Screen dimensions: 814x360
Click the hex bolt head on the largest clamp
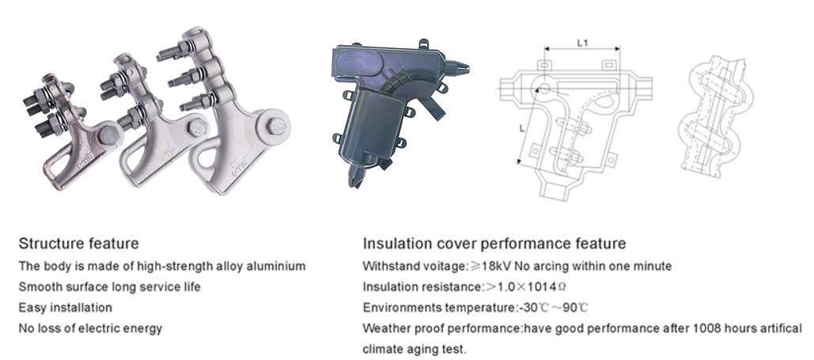[276, 127]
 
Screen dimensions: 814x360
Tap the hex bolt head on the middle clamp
[198, 127]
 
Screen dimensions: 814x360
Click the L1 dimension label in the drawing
[582, 43]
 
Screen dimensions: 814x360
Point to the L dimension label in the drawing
[522, 128]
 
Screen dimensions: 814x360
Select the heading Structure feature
[79, 243]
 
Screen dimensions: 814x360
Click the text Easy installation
[66, 308]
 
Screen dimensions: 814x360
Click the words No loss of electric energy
[90, 328]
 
